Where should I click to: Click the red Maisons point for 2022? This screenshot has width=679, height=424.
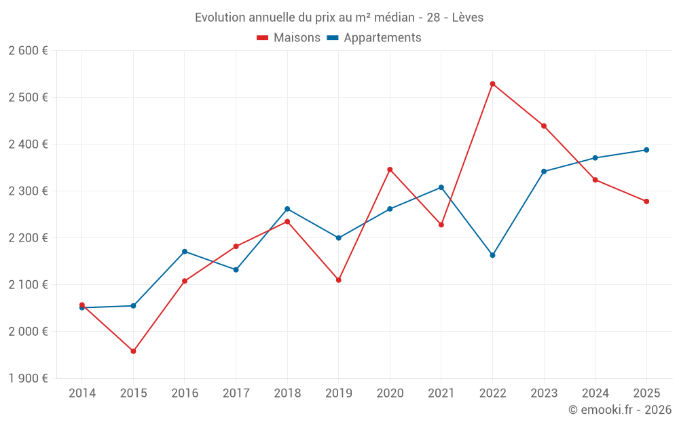tap(492, 84)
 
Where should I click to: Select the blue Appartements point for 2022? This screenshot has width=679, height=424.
tap(492, 255)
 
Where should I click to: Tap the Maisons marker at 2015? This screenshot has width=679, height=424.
tap(133, 351)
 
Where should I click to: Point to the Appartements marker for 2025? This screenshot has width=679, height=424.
tap(646, 150)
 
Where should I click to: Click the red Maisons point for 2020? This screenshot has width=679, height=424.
tap(390, 170)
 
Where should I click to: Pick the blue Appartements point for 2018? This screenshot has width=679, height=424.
tap(287, 209)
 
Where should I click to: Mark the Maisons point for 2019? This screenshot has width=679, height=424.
tap(339, 280)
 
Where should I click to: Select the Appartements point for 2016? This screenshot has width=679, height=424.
tap(185, 252)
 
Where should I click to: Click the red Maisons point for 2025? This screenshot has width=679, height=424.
tap(646, 201)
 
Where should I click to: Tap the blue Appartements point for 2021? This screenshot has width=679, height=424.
tap(441, 187)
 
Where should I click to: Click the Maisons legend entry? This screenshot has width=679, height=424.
tap(289, 38)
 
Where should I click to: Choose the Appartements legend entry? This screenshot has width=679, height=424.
tap(374, 38)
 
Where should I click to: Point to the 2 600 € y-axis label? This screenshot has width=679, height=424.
tap(28, 51)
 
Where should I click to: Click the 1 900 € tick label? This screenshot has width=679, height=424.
tap(28, 379)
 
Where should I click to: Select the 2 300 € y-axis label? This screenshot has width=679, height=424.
tap(28, 191)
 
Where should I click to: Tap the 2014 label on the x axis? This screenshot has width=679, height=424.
tap(82, 393)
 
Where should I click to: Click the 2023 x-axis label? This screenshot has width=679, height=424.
tap(544, 393)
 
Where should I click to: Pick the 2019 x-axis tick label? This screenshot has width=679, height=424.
tap(339, 393)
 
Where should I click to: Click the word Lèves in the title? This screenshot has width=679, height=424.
tap(468, 18)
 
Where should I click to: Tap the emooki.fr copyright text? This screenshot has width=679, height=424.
tap(620, 410)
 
